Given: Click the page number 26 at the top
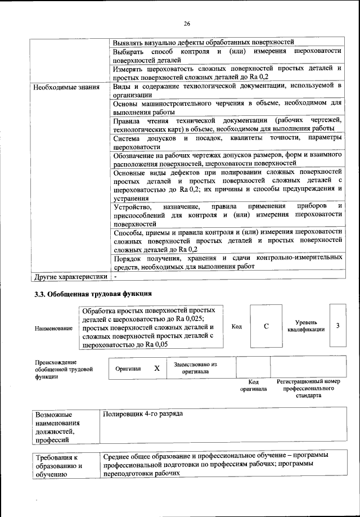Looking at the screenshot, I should (x=187, y=23).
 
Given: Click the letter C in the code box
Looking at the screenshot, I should (x=264, y=326).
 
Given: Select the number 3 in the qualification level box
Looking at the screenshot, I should (x=337, y=326).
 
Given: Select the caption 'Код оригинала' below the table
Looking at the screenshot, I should (x=253, y=385).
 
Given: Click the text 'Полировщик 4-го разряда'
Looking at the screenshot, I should (x=143, y=413).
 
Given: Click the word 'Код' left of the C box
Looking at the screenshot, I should (x=237, y=326).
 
